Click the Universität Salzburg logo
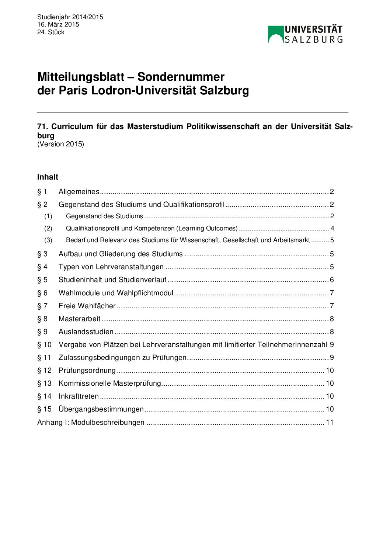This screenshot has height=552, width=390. pos(305,34)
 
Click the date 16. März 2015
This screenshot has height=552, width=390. pos(58,24)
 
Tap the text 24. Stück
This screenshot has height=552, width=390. pos(51,32)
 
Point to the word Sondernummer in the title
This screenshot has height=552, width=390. pos(181,77)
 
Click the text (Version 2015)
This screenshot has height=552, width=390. pos(60,144)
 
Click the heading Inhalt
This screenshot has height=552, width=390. pos(48,177)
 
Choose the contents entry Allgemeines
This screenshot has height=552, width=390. pos(79,191)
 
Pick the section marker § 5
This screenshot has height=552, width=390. pos(42,280)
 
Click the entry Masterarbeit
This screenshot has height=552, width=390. pos(80,319)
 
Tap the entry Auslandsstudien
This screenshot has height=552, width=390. pos(86,331)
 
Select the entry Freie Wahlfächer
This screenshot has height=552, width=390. pos(87,306)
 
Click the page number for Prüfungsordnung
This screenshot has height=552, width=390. pos(330,370)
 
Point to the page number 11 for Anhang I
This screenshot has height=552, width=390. pos(330,422)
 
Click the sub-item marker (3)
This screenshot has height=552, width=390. pos(48,240)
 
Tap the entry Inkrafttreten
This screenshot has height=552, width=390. pos(79,396)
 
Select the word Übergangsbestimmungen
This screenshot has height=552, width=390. pos(101,409)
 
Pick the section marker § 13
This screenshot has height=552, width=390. pos(44,383)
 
